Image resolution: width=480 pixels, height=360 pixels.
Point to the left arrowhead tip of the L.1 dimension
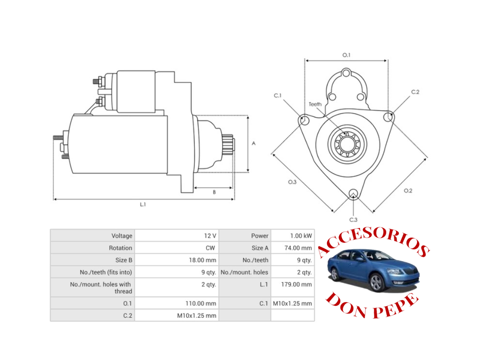[54, 199]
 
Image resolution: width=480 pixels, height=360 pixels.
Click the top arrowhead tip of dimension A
[248, 117]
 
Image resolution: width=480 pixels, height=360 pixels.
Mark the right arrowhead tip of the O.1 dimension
[387, 60]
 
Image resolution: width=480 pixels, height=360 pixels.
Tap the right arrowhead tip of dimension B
[232, 187]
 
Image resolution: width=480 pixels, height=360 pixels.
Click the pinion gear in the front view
[347, 144]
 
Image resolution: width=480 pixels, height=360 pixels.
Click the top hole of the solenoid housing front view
[346, 73]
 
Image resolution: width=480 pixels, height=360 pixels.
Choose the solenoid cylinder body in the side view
[136, 91]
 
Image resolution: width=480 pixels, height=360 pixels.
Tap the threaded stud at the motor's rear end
[58, 138]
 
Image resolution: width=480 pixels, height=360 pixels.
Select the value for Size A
[298, 248]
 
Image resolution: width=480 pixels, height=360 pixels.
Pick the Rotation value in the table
[210, 248]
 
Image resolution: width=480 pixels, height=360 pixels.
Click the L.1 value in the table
[296, 284]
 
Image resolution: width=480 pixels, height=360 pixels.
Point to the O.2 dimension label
[408, 190]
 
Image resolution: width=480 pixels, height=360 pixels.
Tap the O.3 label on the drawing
[292, 182]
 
